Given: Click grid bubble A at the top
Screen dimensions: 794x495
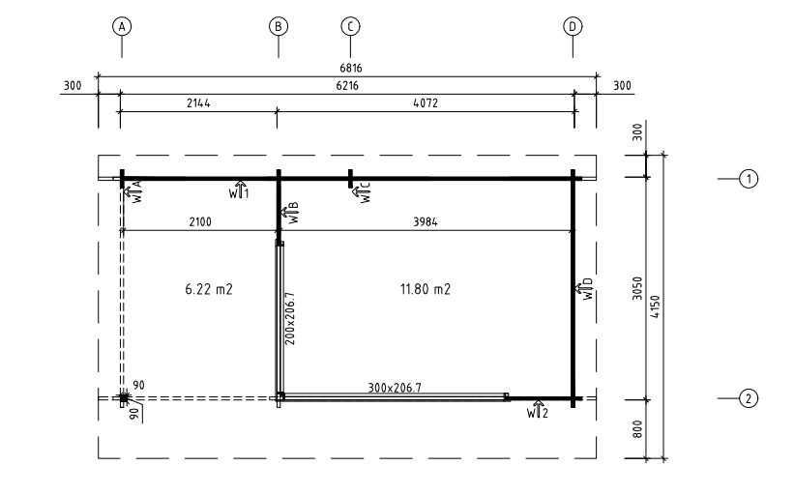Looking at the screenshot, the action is (122, 26).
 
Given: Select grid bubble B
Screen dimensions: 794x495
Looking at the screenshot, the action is (278, 26).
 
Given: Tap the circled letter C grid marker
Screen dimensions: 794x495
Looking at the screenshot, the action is (350, 26).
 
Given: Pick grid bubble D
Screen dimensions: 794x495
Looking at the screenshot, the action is (573, 26).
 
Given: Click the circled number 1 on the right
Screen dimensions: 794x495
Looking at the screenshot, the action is (749, 179).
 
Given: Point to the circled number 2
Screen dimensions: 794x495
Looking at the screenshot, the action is (749, 398).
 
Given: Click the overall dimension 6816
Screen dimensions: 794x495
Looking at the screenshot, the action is (350, 68).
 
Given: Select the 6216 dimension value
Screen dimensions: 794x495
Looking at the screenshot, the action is (347, 85).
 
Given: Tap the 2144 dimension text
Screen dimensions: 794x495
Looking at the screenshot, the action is (198, 103).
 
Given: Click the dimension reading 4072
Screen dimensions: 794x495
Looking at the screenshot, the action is (426, 103).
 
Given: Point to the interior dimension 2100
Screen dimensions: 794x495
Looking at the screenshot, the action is (200, 221).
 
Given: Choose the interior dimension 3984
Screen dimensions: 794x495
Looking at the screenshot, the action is (426, 221).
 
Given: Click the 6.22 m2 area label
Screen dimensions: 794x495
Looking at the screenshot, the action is (209, 289).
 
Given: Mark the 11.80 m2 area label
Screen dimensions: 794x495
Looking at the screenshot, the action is (426, 289).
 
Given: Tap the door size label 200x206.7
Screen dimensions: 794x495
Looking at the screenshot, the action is (289, 318).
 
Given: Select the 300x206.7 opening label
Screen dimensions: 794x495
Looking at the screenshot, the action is (395, 388).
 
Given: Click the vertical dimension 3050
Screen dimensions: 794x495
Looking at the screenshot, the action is (637, 288).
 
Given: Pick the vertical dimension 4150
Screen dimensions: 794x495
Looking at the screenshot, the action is (656, 306).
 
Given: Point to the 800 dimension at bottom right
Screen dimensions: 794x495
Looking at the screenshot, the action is (637, 428).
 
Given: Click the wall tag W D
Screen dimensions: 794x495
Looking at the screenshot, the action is (584, 288).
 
